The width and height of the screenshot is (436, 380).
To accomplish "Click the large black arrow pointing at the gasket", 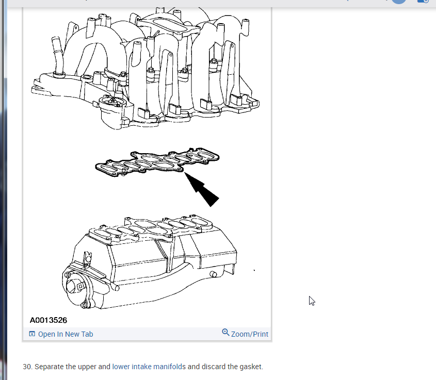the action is tap(203, 189).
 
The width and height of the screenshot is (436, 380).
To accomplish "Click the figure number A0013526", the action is tap(49, 320).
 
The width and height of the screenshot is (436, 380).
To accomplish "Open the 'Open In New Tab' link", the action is tap(66, 334).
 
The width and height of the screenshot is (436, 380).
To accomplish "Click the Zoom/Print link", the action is tap(250, 334).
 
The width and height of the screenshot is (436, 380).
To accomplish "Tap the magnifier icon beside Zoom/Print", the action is tap(225, 333).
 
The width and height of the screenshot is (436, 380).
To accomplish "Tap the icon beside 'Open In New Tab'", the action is tap(33, 334).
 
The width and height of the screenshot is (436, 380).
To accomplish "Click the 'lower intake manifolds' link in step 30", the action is tap(149, 367).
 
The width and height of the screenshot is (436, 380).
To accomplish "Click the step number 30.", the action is tap(27, 367).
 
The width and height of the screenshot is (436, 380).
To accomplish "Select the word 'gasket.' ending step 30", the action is tap(251, 367).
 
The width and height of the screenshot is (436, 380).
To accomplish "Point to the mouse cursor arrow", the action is tap(311, 300).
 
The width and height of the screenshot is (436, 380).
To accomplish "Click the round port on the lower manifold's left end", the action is tap(81, 284).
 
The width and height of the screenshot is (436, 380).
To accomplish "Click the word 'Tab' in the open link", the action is tap(87, 334).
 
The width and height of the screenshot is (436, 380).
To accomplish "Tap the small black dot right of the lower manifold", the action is tap(254, 270).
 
